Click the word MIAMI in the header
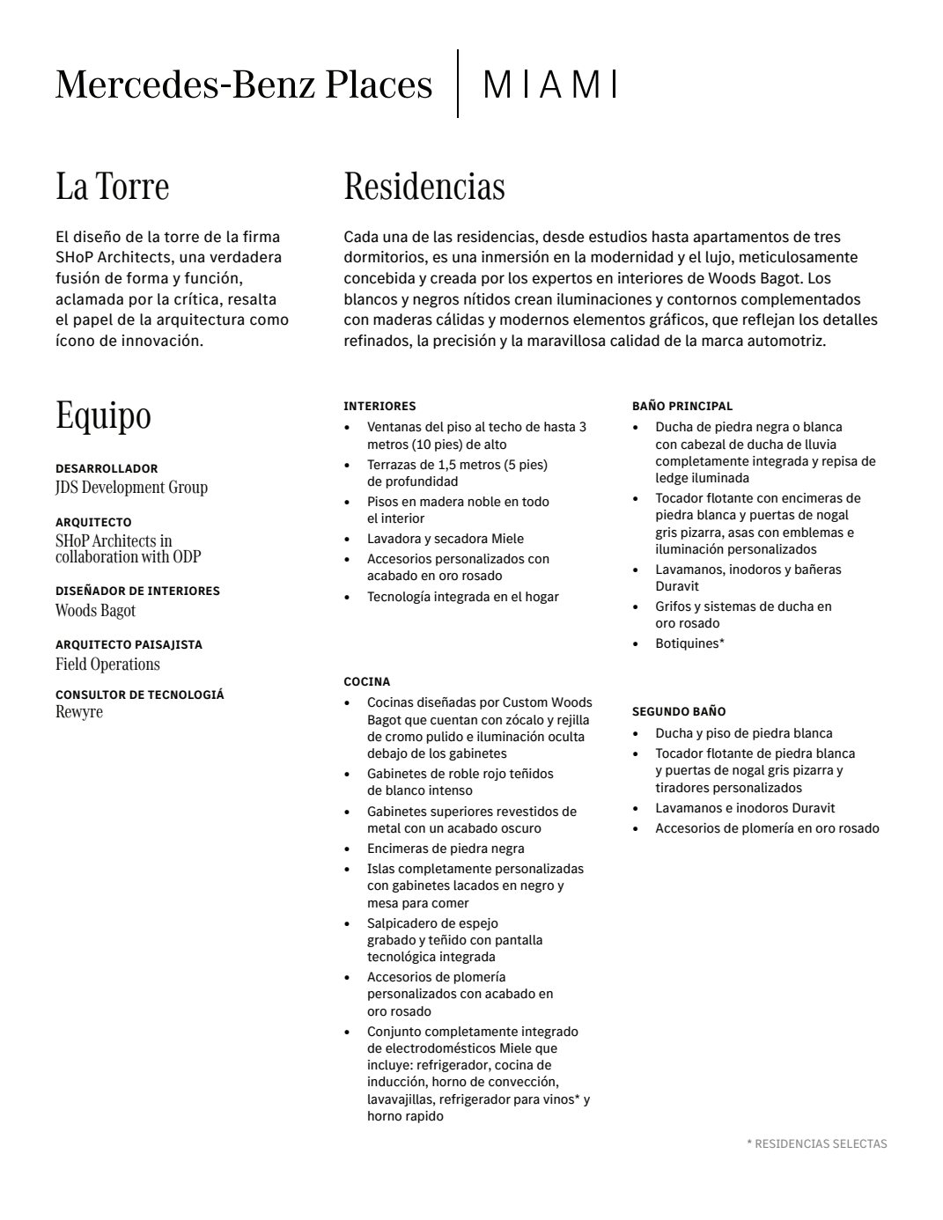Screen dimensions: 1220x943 pyautogui.click(x=549, y=85)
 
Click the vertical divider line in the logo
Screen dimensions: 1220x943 pyautogui.click(x=458, y=84)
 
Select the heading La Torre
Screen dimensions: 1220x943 pyautogui.click(x=112, y=186)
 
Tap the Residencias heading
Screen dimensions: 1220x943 pyautogui.click(x=424, y=186)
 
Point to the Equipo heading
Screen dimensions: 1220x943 pyautogui.click(x=103, y=415)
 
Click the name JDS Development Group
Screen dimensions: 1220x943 pyautogui.click(x=131, y=487)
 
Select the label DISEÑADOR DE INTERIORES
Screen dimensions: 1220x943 pyautogui.click(x=137, y=591)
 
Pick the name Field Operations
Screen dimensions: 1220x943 pyautogui.click(x=107, y=664)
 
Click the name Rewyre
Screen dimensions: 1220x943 pyautogui.click(x=79, y=711)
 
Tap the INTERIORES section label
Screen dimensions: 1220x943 pyautogui.click(x=379, y=406)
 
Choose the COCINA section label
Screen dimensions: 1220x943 pyautogui.click(x=366, y=681)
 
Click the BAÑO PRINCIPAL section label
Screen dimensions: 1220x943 pyautogui.click(x=681, y=406)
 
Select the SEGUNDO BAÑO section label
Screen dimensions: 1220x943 pyautogui.click(x=678, y=711)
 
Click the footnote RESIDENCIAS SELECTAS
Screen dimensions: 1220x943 pyautogui.click(x=817, y=1143)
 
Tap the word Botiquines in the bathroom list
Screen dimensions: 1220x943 pyautogui.click(x=687, y=643)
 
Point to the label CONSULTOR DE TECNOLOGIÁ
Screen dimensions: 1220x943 pyautogui.click(x=139, y=695)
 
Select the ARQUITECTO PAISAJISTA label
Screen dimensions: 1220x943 pyautogui.click(x=129, y=644)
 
